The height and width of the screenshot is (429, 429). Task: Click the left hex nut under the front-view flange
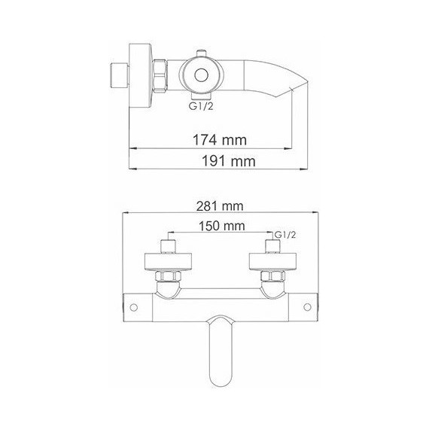[x=169, y=282]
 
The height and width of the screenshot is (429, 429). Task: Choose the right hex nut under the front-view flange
[x=272, y=282]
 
